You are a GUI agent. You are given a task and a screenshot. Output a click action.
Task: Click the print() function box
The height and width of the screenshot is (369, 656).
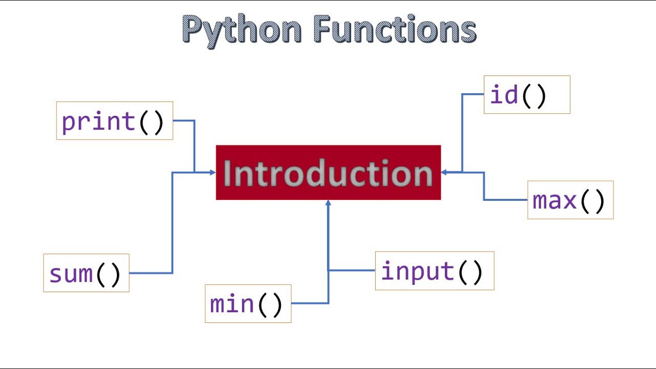114,120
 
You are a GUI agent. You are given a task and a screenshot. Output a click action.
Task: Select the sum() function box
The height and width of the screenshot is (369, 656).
86,273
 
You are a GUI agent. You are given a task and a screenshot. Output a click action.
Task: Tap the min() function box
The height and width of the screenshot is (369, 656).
248,303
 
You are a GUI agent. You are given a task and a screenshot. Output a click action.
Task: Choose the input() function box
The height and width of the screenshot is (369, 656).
435,271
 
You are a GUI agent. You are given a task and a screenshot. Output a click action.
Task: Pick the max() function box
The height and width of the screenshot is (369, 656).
570,200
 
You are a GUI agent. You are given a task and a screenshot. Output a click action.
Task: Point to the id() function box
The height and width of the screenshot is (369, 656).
527,95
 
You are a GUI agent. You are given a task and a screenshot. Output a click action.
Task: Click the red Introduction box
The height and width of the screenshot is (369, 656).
328,173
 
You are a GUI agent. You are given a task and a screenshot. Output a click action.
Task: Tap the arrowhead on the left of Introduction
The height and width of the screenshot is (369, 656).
213,173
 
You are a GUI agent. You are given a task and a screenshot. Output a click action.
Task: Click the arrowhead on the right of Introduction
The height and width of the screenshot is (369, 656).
444,173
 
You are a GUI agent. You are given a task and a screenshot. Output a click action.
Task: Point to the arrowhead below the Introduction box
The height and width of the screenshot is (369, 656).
328,203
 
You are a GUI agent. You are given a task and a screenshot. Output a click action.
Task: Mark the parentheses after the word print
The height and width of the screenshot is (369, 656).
151,122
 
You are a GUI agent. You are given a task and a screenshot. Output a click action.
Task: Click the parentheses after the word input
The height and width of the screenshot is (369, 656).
470,272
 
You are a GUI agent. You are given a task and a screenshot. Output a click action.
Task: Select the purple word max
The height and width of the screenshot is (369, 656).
555,200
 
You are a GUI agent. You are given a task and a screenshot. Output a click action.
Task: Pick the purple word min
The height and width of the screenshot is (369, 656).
232,304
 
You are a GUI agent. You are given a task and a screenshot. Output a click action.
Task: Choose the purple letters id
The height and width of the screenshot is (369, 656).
504,95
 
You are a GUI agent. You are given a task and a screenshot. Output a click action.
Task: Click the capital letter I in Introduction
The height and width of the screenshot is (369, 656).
227,173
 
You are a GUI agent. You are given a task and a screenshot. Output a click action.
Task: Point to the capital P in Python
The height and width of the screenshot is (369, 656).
193,29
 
